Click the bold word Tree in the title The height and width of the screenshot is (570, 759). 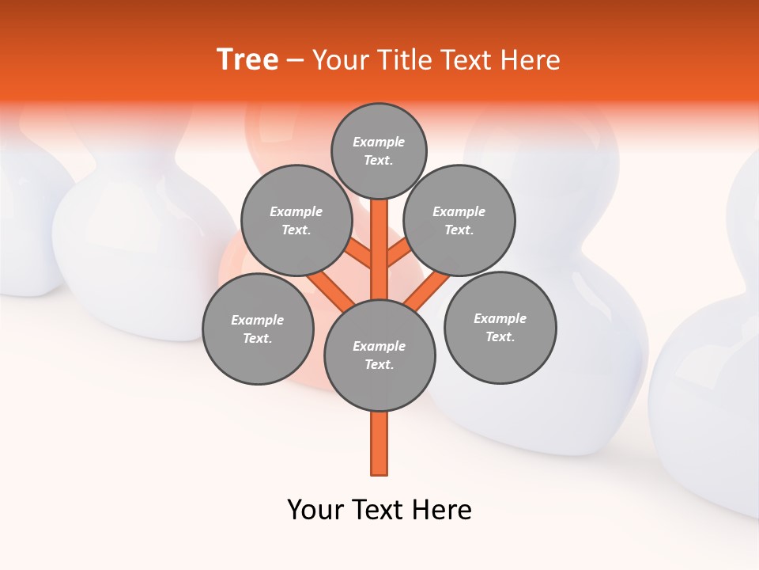[247, 59]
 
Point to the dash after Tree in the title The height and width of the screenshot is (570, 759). [295, 61]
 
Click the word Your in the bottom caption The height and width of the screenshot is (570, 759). [315, 510]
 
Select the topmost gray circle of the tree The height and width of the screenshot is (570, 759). [379, 150]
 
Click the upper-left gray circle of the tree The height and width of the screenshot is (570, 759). [296, 220]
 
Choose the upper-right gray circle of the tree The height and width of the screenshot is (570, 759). [459, 220]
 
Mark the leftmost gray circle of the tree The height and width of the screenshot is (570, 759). [258, 329]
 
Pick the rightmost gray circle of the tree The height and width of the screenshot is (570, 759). [500, 327]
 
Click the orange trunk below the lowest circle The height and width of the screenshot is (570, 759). [379, 443]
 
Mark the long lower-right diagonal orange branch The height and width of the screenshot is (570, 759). [427, 289]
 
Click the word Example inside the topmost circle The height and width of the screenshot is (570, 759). [379, 142]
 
